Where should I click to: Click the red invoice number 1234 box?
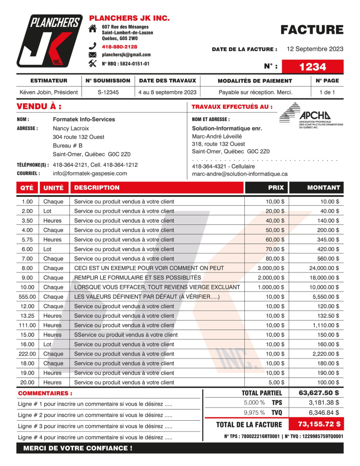312,67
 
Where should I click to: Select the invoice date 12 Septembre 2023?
315,49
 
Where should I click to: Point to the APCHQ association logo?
311,116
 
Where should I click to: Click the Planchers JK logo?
49,41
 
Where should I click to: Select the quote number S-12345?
108,92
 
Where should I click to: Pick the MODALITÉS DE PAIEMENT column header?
255,81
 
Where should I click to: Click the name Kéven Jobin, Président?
49,92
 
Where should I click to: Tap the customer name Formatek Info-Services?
84,119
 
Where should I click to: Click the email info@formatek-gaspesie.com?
90,173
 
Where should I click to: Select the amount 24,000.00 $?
321,268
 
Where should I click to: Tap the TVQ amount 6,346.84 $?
324,413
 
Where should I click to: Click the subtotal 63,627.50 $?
319,393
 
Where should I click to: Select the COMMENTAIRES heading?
45,393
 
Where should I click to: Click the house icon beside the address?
92,29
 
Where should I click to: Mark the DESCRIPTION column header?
97,187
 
